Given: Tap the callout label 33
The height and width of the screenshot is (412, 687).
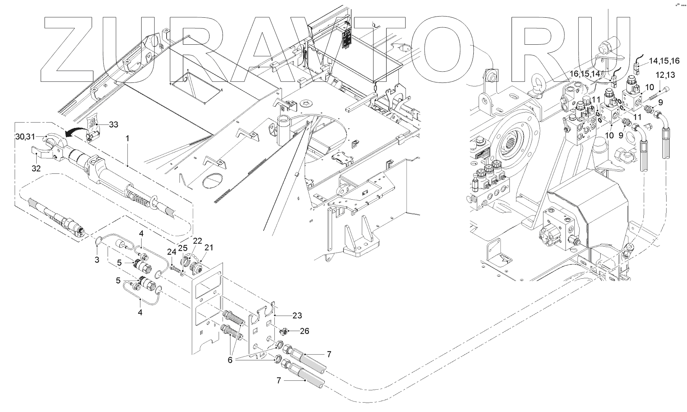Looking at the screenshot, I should click(113, 125).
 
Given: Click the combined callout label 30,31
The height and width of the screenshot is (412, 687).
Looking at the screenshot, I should click(25, 136).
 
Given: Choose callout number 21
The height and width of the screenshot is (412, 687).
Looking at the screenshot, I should click(209, 247).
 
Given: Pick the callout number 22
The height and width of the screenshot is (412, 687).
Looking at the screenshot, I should click(197, 241).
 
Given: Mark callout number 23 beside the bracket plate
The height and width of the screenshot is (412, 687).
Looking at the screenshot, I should click(297, 316).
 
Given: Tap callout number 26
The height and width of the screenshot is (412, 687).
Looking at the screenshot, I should click(304, 331).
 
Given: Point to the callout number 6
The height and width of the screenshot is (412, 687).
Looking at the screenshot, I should click(230, 360).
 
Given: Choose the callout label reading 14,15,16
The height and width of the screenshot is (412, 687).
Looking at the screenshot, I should click(664, 61).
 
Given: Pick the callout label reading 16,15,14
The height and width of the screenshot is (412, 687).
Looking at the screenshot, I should click(585, 74).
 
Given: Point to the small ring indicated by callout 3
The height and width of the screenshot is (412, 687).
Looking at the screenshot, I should click(99, 241).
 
